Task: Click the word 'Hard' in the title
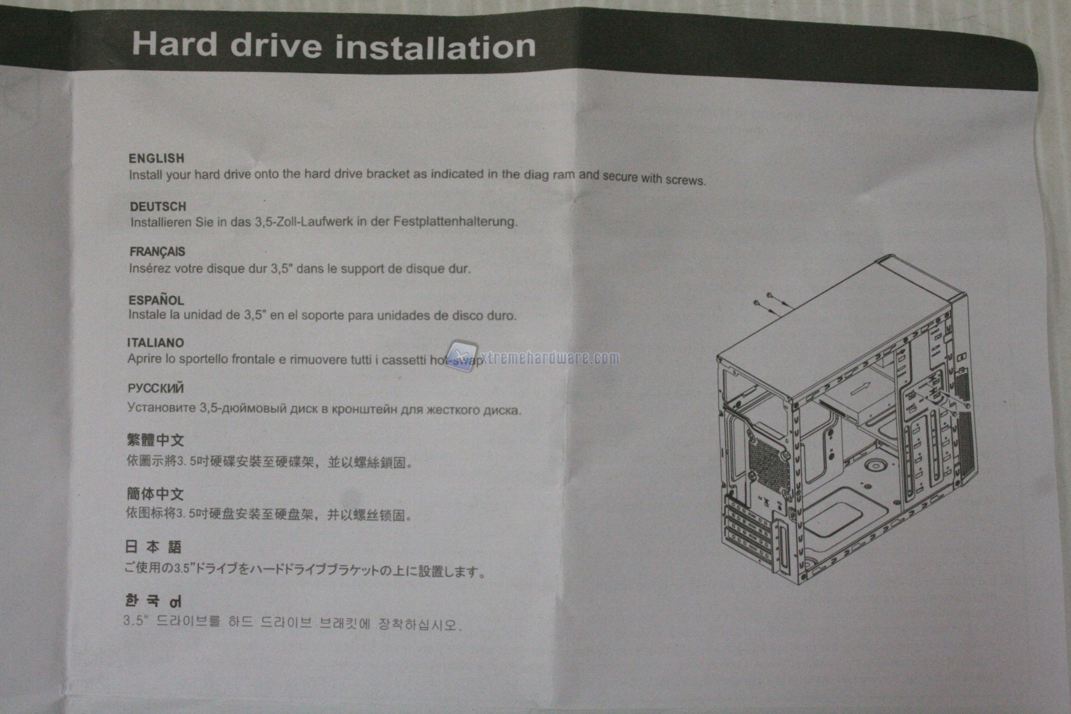click(x=175, y=43)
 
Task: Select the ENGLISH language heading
click(x=156, y=158)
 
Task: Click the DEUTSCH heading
click(x=158, y=206)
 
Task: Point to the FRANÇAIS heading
click(x=157, y=252)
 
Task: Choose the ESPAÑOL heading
click(x=156, y=300)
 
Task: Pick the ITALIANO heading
click(x=156, y=343)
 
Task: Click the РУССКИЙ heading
click(x=156, y=389)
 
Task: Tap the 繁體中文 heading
click(x=156, y=440)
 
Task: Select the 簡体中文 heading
click(x=155, y=494)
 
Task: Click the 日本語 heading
click(x=153, y=547)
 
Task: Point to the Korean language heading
click(x=153, y=600)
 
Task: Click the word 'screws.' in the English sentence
click(x=685, y=180)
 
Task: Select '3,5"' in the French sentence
click(x=281, y=269)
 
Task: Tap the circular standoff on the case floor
click(x=875, y=465)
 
